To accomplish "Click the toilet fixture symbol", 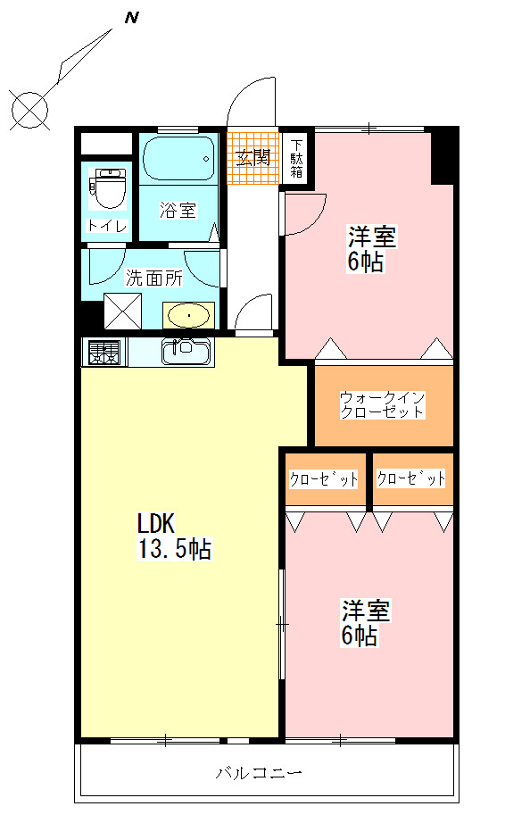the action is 109,188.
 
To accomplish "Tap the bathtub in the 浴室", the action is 178,158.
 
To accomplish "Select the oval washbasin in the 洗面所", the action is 189,315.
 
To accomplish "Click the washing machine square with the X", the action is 123,311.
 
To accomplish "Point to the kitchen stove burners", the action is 104,353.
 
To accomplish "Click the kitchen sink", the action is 186,353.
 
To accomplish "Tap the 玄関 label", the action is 252,157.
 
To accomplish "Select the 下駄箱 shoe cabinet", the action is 297,156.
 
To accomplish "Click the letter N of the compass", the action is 132,18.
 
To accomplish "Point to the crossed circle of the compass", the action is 30,110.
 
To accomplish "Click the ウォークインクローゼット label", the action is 382,404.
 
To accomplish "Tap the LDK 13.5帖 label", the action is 174,536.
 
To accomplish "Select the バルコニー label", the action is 259,773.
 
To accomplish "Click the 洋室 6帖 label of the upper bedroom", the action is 372,249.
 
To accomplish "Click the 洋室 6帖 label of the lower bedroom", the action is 366,622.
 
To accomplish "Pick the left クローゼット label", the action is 324,478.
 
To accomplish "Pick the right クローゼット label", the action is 410,478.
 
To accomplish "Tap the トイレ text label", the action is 107,226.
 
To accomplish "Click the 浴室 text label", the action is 178,210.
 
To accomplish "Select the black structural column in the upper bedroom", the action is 442,157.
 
